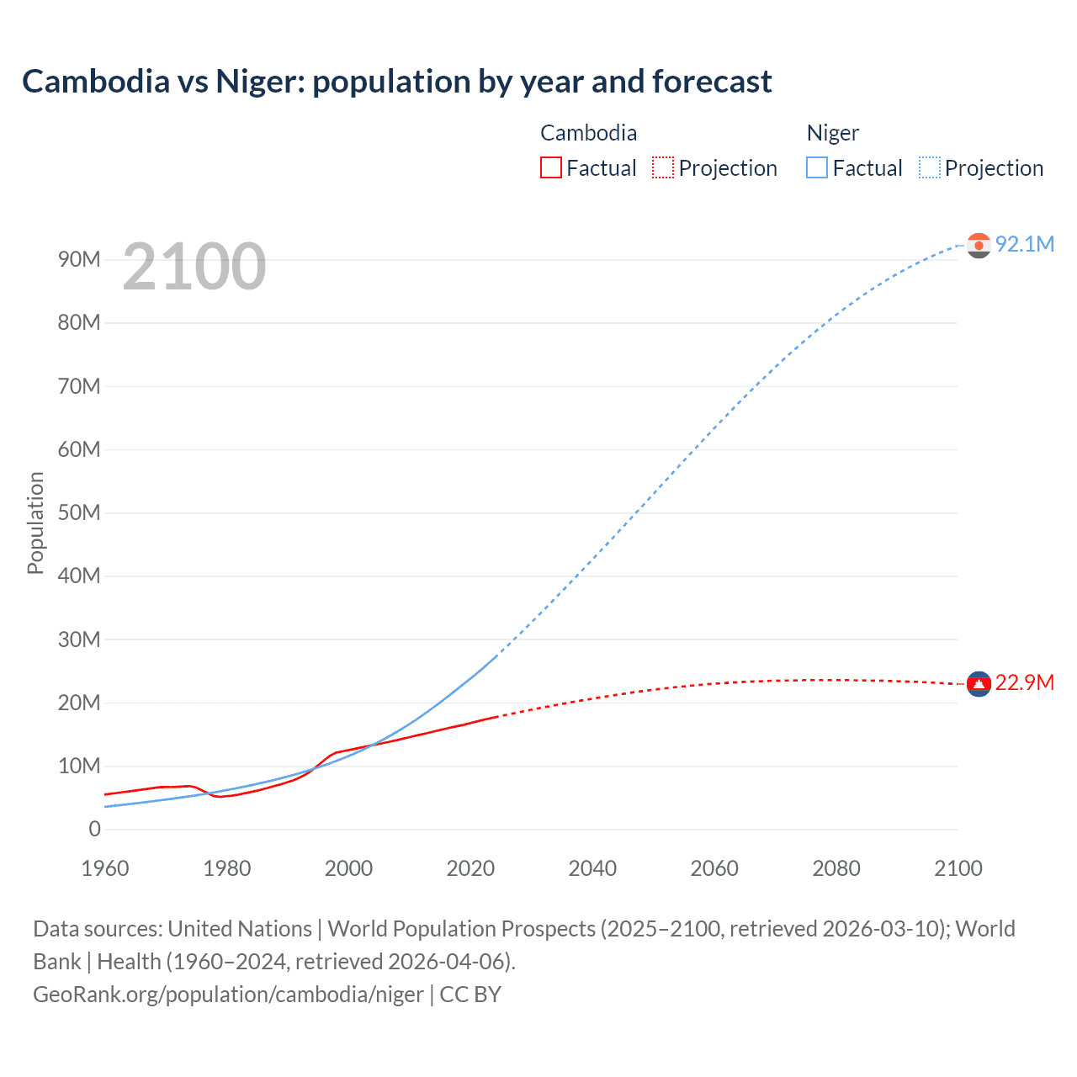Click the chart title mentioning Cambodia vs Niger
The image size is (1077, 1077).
click(396, 82)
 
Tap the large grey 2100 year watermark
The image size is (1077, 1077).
click(194, 267)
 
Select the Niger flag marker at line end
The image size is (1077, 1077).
click(979, 245)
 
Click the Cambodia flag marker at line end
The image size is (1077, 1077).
click(979, 683)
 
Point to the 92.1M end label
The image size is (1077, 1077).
click(1024, 244)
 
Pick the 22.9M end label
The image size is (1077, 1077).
click(1024, 682)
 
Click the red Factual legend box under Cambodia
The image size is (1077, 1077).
click(550, 168)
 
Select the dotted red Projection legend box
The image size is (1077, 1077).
click(663, 168)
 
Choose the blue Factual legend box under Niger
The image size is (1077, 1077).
click(817, 168)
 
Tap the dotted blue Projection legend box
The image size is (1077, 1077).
click(930, 168)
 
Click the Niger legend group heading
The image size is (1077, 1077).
click(832, 133)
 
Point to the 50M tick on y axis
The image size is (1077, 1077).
click(79, 512)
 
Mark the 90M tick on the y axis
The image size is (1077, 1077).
click(79, 259)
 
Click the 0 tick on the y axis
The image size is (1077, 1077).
click(94, 829)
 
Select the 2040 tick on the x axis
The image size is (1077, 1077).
click(592, 868)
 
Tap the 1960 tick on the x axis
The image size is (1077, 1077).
click(105, 868)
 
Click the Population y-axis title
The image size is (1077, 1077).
click(35, 523)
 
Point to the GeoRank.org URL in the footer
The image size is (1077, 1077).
click(228, 995)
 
